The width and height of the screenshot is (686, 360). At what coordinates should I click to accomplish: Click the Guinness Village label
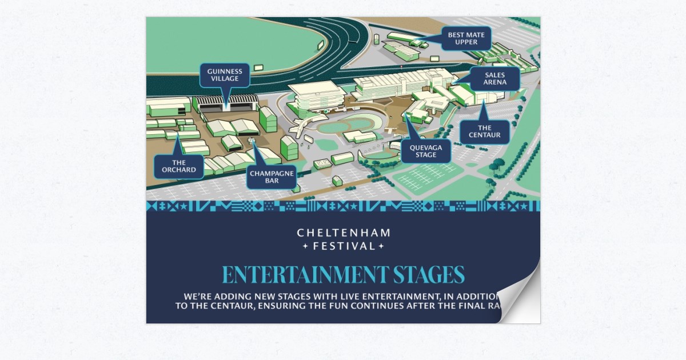click(225, 74)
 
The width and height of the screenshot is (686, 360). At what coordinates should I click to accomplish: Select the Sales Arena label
click(494, 78)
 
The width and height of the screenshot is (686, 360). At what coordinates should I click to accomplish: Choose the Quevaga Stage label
click(426, 151)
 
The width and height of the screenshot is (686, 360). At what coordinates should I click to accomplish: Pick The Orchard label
click(178, 166)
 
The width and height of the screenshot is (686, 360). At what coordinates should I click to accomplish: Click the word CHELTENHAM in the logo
click(344, 233)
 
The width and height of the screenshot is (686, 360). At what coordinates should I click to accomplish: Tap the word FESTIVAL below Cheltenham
click(344, 247)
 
